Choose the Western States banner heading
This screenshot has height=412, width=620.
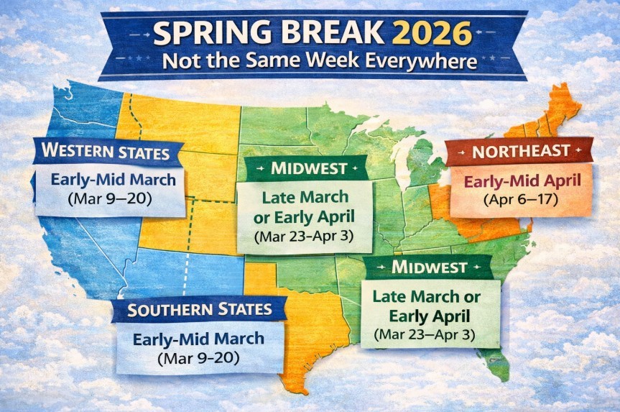pos(106,152)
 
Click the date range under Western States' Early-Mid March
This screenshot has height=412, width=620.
pos(109,198)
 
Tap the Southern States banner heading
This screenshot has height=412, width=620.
pos(200,310)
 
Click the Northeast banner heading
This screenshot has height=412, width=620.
pos(519,152)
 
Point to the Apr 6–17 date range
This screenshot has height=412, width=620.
pos(521,198)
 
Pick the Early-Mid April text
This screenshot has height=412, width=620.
pos(521,180)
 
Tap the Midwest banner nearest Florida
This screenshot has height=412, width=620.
pos(429,267)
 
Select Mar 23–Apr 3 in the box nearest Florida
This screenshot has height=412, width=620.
pos(429,334)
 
